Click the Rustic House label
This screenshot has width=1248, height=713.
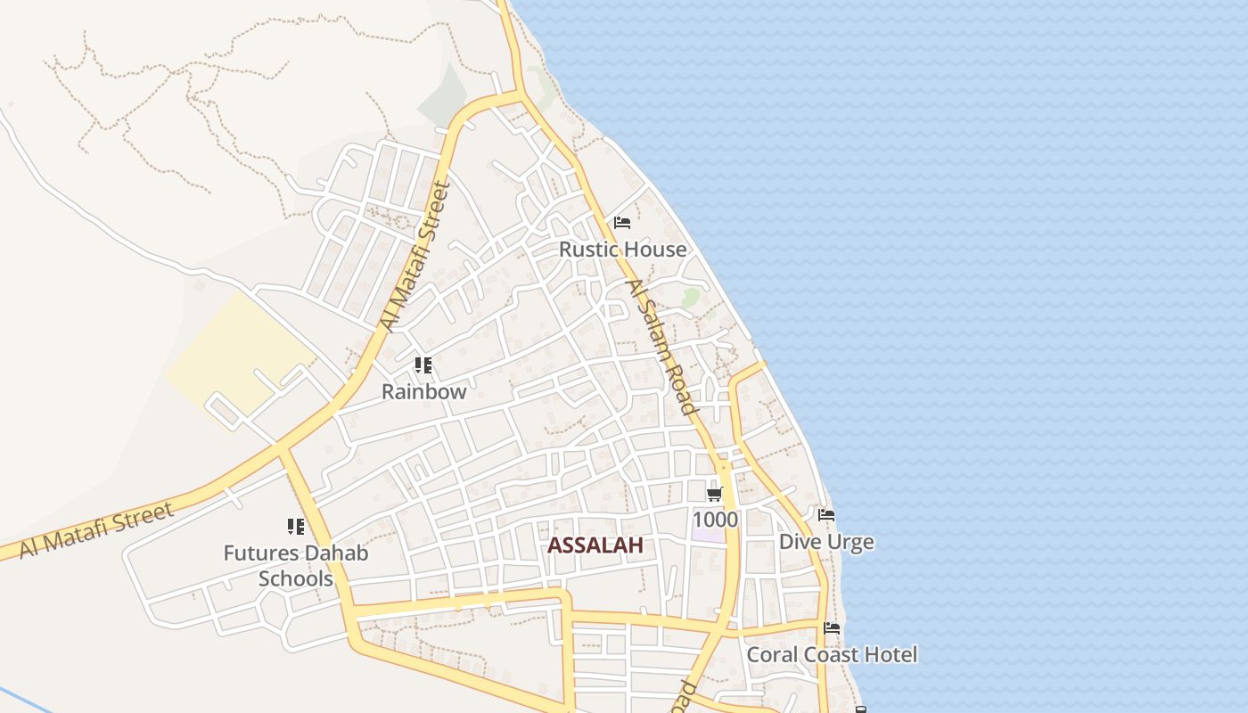click(x=622, y=250)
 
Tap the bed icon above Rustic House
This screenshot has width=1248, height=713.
click(x=622, y=222)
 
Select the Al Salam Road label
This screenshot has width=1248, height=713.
click(x=661, y=348)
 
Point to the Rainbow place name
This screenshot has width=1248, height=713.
click(x=423, y=391)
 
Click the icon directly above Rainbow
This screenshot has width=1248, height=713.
click(x=423, y=365)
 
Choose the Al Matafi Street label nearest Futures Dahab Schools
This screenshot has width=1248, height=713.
click(x=96, y=529)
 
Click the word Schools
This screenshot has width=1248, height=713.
click(x=295, y=578)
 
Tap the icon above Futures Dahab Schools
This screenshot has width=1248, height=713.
click(x=295, y=527)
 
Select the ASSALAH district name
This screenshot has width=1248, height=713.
click(x=595, y=545)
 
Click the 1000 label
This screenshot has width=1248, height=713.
click(x=715, y=519)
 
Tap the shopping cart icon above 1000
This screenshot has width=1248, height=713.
click(x=713, y=494)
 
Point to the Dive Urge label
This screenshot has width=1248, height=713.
click(x=825, y=542)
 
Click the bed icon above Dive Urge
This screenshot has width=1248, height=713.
click(x=826, y=515)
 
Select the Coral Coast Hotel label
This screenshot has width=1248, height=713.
click(x=831, y=654)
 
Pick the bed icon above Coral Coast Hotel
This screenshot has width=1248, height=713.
click(x=832, y=628)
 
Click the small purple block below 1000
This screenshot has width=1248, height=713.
click(x=709, y=536)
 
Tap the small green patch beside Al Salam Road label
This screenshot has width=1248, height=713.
click(x=690, y=297)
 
